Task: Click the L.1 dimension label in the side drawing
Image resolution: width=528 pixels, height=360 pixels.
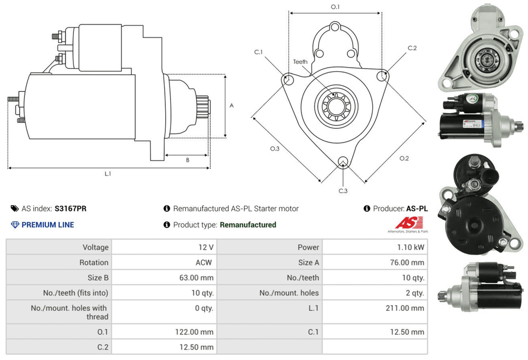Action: (x=108, y=174)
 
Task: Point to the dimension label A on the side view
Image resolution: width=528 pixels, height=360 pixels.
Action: (x=231, y=106)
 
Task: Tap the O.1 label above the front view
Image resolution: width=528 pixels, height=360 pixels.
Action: (x=335, y=7)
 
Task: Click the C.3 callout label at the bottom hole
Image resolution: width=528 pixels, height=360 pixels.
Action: (x=343, y=191)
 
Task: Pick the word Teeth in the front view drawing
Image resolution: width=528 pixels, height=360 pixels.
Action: (x=300, y=62)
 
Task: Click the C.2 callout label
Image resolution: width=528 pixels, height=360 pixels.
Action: (x=412, y=48)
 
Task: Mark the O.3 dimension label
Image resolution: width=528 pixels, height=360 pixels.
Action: (x=275, y=149)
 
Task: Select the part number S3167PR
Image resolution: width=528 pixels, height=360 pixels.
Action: (x=71, y=209)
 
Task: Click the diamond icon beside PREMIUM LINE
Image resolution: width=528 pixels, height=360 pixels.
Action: (x=15, y=225)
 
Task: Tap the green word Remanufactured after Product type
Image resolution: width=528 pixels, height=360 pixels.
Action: (x=248, y=225)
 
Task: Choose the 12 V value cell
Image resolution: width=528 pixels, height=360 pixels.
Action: (x=206, y=247)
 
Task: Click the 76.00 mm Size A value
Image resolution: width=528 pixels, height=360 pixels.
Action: (x=407, y=262)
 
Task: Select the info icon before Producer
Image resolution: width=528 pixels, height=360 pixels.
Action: (x=367, y=209)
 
